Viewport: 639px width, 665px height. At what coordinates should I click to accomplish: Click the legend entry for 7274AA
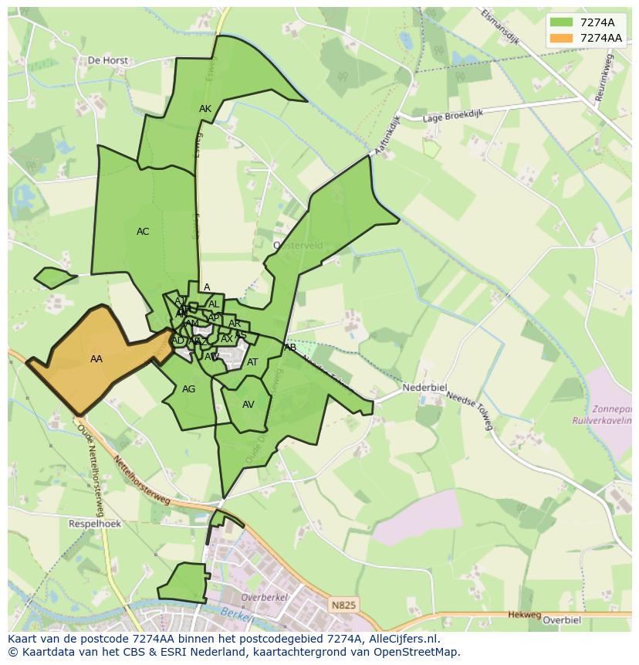tap(600, 38)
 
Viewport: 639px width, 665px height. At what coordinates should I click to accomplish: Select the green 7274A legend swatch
tap(562, 22)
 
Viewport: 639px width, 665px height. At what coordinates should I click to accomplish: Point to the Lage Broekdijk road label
tap(453, 114)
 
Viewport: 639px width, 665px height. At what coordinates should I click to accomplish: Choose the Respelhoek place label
tap(95, 523)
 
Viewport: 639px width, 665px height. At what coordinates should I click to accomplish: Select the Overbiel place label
tap(561, 619)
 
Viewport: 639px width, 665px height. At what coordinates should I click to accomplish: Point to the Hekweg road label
tap(525, 615)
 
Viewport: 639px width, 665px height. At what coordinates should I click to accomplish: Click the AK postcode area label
tap(205, 109)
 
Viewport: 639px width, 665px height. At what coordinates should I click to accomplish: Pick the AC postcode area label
tap(143, 232)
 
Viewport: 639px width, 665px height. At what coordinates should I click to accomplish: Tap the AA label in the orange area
tap(96, 359)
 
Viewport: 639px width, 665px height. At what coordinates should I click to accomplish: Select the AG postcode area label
tap(189, 389)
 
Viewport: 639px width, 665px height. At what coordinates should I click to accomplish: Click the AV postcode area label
tap(248, 405)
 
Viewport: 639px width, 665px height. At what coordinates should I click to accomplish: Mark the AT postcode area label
tap(252, 362)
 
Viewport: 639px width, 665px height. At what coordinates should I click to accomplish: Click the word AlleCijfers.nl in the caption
tap(401, 639)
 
